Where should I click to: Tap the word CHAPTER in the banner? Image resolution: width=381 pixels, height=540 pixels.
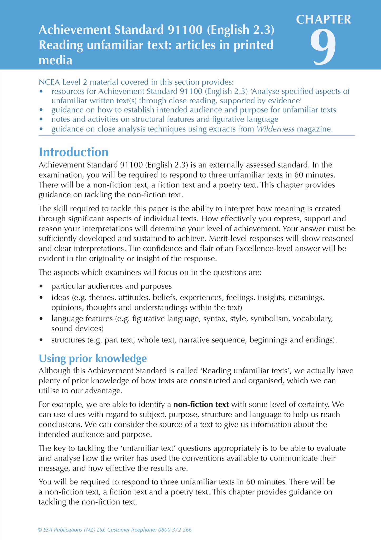coord(324,20)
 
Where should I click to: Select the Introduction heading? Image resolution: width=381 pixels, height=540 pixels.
coord(74,152)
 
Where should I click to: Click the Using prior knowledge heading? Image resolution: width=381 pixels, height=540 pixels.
coord(93,358)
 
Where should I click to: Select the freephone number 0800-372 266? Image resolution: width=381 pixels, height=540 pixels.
coord(175,530)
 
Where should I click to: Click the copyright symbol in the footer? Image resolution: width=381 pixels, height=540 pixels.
coord(40,530)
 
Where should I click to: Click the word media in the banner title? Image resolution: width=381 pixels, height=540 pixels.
coord(55,60)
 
